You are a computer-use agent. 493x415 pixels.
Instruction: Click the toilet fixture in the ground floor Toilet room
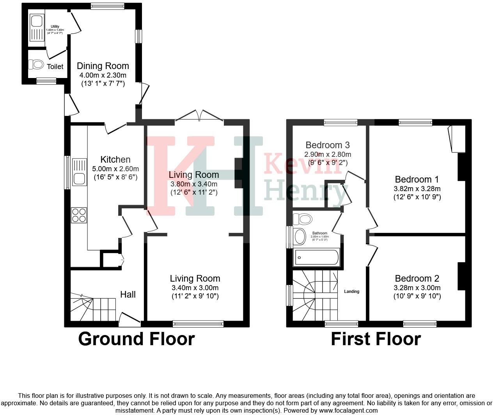[x=36, y=64]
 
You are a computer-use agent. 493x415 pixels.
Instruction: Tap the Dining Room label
[x=103, y=66]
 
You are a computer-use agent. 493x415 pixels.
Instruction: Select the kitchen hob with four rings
[x=79, y=215]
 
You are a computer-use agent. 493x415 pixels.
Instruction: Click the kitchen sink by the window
[x=79, y=172]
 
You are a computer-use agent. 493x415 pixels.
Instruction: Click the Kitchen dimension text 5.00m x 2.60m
[x=115, y=169]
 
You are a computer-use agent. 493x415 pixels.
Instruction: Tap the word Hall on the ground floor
[x=128, y=294]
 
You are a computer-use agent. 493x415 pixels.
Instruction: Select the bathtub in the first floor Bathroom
[x=317, y=257]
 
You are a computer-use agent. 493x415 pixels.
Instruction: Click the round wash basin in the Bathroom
[x=300, y=236]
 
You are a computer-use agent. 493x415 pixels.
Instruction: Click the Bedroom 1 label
[x=417, y=179]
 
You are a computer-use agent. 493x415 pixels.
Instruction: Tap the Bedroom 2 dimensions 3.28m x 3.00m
[x=417, y=288]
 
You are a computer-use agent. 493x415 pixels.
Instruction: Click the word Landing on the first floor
[x=351, y=291]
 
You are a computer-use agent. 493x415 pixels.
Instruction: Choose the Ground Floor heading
[x=136, y=339]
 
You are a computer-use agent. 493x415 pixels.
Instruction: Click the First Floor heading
[x=376, y=339]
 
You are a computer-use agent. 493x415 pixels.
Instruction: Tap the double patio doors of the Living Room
[x=199, y=116]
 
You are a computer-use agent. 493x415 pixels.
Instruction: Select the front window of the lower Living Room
[x=198, y=323]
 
